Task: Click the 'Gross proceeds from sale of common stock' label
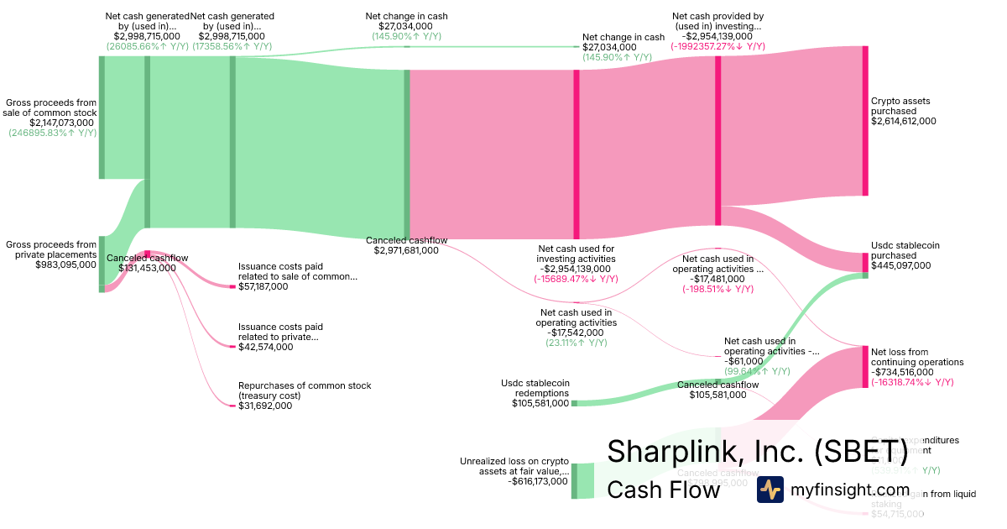(50, 107)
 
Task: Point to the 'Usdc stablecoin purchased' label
(905, 250)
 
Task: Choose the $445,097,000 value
(901, 265)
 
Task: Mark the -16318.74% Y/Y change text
(912, 382)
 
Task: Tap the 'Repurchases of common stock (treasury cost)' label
(305, 390)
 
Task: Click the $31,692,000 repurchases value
(265, 406)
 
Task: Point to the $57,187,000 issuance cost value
(263, 286)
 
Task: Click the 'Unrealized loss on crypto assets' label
(514, 466)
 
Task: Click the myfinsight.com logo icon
(770, 490)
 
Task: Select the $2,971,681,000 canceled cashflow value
(406, 250)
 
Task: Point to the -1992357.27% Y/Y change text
(717, 47)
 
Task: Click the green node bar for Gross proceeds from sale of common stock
(102, 118)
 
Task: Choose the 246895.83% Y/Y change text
(52, 133)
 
